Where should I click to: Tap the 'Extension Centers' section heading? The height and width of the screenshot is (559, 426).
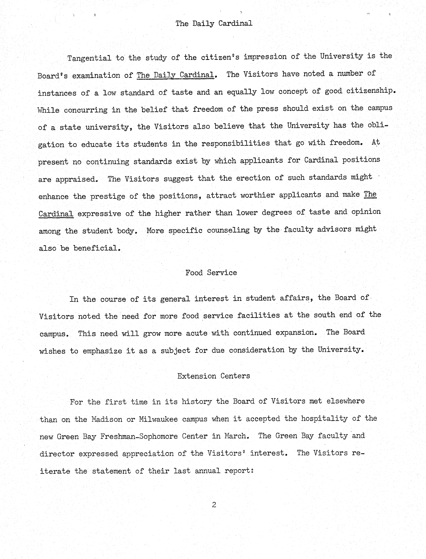[x=214, y=376]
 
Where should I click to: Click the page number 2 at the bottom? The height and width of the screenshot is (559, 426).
[x=214, y=505]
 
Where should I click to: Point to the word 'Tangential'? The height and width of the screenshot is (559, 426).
[x=89, y=58]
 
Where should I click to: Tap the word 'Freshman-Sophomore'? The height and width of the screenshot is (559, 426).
[x=139, y=436]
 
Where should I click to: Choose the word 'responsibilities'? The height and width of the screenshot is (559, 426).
[x=236, y=143]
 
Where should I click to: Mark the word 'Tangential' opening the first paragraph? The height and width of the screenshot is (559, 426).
[x=89, y=58]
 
